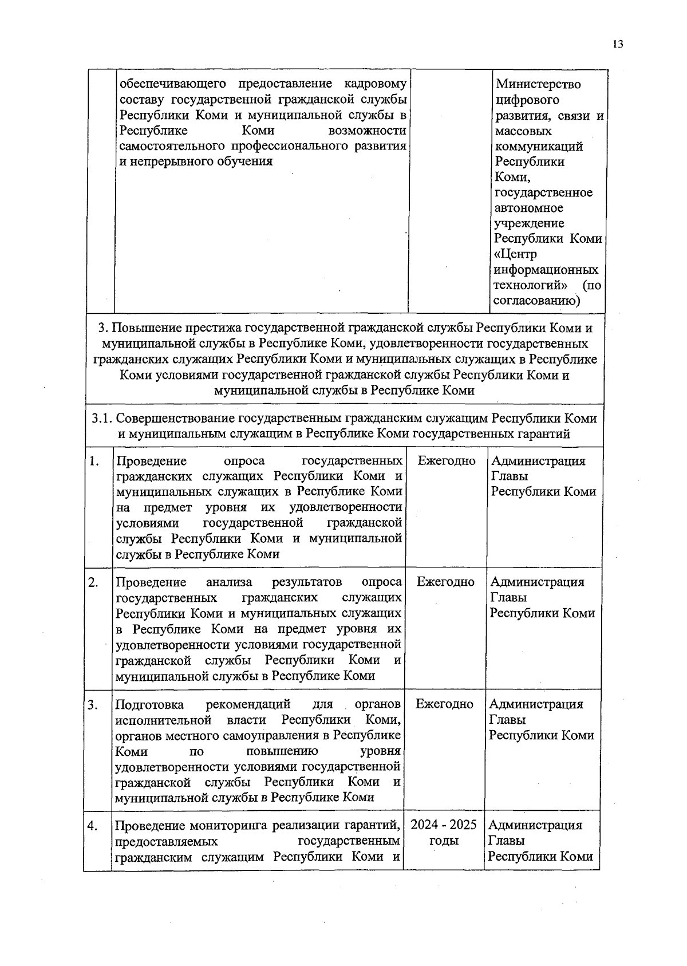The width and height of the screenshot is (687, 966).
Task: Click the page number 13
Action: coord(617,45)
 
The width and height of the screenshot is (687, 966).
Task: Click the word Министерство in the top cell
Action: coord(538,84)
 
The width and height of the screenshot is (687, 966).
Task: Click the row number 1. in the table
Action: coord(94,462)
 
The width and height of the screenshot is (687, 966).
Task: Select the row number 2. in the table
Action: coord(93,582)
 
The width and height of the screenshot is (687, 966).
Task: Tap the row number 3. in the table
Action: coord(93,704)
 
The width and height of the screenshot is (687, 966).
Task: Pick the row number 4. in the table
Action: coord(92,826)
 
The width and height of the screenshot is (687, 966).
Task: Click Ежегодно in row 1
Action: coord(447,461)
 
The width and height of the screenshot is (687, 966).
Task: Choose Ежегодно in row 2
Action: coord(445,582)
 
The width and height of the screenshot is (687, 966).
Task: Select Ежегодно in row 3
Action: coord(444,704)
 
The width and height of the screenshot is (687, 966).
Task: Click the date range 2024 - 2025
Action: coord(444,825)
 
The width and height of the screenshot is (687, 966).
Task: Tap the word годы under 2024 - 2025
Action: coord(444,841)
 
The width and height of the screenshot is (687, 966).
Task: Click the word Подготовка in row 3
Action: coord(149,704)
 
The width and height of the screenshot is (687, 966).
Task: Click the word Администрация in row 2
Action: coord(537,582)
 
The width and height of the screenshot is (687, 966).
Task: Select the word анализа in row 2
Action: coord(228,582)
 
